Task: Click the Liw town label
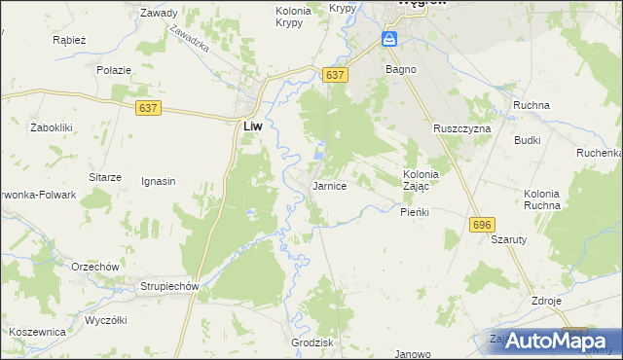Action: coord(250,126)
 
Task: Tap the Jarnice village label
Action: coord(329,185)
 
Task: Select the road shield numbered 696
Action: coord(481,225)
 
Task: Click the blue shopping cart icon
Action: coord(389,39)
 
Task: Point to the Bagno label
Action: coord(400,70)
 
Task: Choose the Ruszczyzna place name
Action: coord(462,128)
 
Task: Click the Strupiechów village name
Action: coord(169,287)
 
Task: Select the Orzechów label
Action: coord(94,267)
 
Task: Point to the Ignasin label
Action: coord(158,181)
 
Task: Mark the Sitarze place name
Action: coord(104,177)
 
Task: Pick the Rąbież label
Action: coord(70,41)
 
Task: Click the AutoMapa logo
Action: coord(550,341)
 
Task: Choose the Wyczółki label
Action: coord(107,320)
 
